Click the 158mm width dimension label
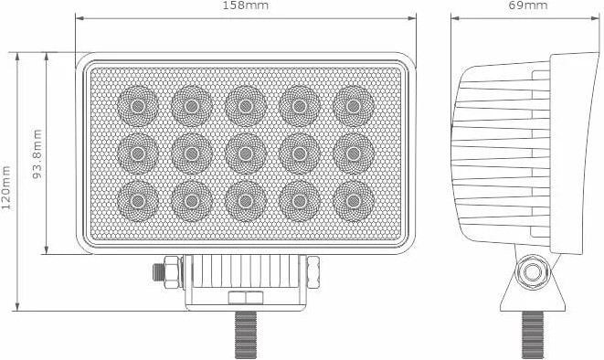pyautogui.click(x=246, y=5)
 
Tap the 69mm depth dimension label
pyautogui.click(x=528, y=5)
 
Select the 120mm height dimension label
pyautogui.click(x=6, y=187)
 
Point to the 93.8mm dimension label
pyautogui.click(x=37, y=154)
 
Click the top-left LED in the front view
pyautogui.click(x=137, y=106)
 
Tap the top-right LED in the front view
pyautogui.click(x=354, y=106)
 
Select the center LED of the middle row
pyautogui.click(x=246, y=154)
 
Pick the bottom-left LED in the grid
pyautogui.click(x=137, y=201)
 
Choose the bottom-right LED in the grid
pyautogui.click(x=354, y=201)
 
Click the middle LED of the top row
pyautogui.click(x=246, y=106)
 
